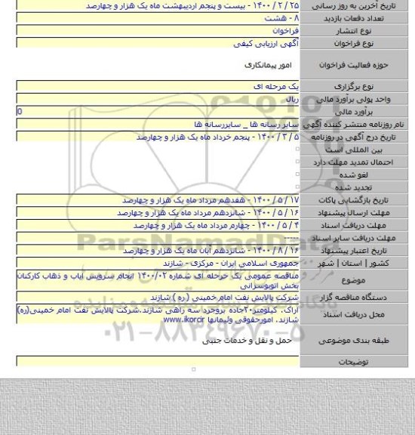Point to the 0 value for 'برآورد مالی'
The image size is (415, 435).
(8, 111)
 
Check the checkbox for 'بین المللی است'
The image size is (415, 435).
(298, 151)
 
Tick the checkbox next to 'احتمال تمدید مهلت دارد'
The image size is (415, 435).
(298, 162)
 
